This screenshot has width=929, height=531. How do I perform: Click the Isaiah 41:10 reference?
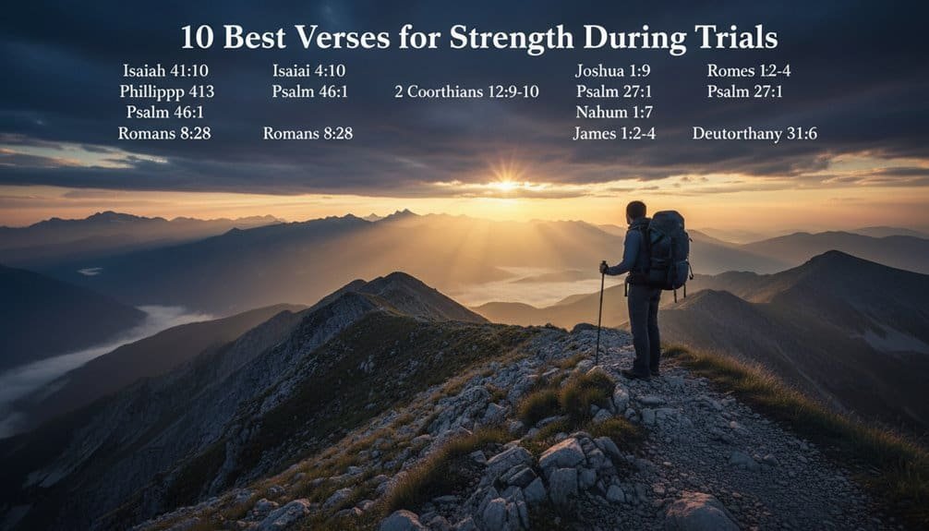(165, 70)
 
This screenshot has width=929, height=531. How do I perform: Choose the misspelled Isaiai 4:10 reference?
(308, 70)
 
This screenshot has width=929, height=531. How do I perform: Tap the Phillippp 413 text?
(166, 91)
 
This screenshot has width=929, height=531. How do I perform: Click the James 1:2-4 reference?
(614, 133)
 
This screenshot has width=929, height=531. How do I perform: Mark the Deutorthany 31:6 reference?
(754, 133)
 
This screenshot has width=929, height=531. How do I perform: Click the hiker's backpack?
(668, 251)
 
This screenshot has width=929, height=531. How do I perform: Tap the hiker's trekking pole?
(600, 314)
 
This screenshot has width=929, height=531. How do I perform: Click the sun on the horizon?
(505, 185)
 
